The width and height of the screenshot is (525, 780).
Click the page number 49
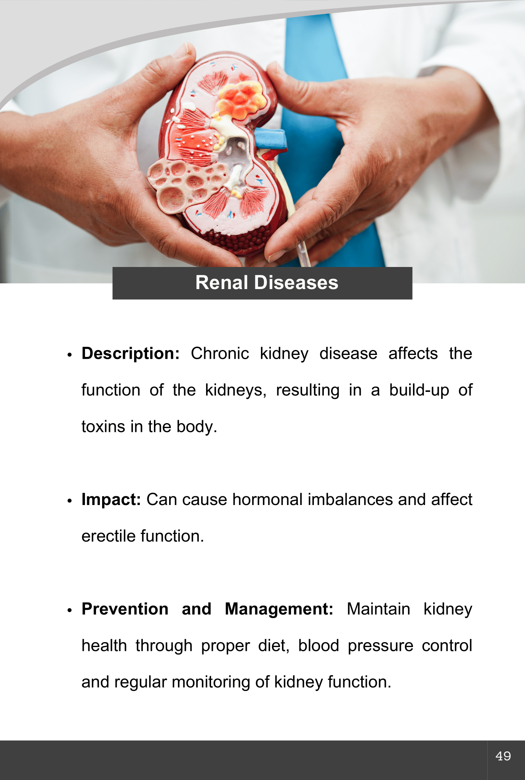click(503, 756)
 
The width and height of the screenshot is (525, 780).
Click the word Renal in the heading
click(222, 283)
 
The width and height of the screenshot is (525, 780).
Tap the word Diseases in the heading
click(296, 283)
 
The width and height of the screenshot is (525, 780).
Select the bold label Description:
click(131, 354)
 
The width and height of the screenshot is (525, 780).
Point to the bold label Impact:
click(111, 500)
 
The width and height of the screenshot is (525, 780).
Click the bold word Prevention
click(125, 609)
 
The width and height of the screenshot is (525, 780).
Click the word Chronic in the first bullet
click(220, 353)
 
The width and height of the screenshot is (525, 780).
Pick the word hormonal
click(267, 500)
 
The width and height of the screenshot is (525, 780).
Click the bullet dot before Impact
click(69, 501)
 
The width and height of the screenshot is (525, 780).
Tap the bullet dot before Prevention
click(69, 610)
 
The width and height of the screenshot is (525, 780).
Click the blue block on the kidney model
click(270, 139)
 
